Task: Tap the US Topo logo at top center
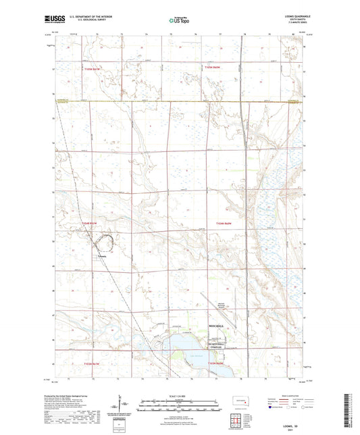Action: pos(179,22)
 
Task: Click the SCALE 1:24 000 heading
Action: pos(179,396)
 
